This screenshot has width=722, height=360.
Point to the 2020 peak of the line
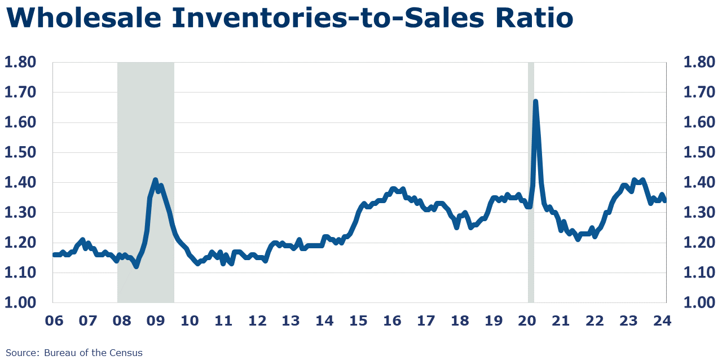tap(535, 102)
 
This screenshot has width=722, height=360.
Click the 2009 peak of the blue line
tap(156, 180)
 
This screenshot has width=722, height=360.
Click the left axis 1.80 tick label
tap(20, 62)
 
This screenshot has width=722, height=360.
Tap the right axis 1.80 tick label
tap(699, 62)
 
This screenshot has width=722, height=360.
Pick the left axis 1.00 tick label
tap(20, 302)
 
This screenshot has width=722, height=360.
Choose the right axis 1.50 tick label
tap(699, 152)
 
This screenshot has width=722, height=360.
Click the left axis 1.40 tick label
tap(20, 182)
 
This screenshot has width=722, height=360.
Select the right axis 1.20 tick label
tap(699, 243)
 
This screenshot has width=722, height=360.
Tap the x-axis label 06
tap(54, 321)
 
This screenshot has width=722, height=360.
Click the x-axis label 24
tap(662, 321)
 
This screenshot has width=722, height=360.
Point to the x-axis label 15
tap(358, 321)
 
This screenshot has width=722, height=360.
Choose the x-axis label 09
tap(156, 321)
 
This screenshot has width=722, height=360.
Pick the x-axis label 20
tap(527, 321)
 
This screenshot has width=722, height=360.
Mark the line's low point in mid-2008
tap(136, 266)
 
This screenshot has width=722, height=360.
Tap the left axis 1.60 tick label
tap(20, 122)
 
